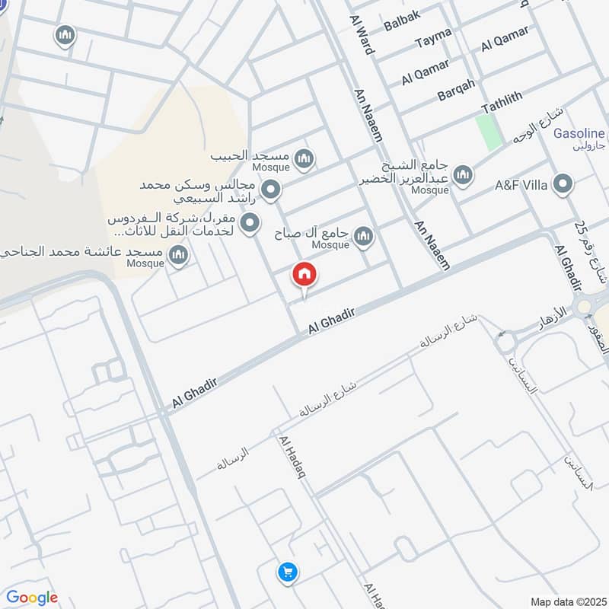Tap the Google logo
31,598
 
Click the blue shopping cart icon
287,572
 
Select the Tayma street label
433,37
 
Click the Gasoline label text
579,133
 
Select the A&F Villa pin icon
563,185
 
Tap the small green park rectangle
489,131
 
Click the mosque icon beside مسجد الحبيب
304,159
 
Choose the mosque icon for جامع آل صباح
363,237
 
